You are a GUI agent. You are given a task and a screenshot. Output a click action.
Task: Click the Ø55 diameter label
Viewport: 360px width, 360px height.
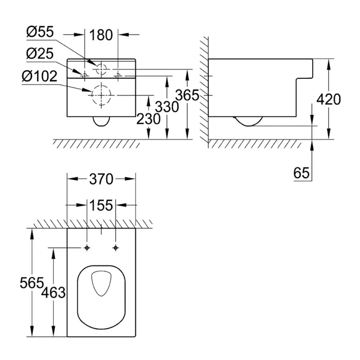click(x=40, y=32)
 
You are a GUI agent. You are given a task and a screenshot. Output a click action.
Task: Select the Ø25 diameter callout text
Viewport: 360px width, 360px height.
click(x=40, y=53)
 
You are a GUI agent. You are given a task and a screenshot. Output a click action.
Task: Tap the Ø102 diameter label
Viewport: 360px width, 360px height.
click(x=39, y=76)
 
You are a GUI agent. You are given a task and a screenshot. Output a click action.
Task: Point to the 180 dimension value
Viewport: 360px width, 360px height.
click(x=101, y=35)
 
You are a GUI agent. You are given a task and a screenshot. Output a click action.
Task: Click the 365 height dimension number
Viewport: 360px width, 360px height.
click(x=187, y=95)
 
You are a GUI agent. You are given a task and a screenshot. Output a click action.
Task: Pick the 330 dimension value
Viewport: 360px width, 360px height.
click(x=167, y=107)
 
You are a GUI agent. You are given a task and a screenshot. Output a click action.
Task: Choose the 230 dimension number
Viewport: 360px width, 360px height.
click(x=149, y=119)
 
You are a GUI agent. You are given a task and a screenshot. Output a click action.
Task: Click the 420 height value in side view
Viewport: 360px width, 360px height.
click(x=329, y=99)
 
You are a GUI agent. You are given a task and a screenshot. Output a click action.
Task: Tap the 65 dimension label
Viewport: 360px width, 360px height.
click(x=301, y=173)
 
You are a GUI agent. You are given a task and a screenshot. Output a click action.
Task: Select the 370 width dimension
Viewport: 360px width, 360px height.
click(x=101, y=179)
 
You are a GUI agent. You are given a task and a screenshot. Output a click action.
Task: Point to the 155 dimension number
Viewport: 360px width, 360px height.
click(x=101, y=205)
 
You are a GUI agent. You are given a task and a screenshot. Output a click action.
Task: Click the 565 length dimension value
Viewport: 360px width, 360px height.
click(x=32, y=283)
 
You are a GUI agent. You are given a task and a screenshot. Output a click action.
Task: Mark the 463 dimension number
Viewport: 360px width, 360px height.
click(x=53, y=292)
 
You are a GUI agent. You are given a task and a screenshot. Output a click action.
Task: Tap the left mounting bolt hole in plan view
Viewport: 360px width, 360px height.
click(x=87, y=248)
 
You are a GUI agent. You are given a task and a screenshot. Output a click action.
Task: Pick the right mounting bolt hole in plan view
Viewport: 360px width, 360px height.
click(x=116, y=248)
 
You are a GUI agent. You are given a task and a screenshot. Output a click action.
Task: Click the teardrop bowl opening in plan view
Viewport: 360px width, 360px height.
click(x=101, y=284)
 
